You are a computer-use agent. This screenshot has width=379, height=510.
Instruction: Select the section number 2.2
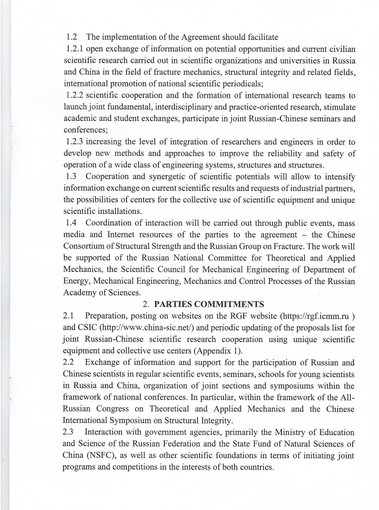point(70,363)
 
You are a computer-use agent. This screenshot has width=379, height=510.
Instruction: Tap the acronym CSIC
point(77,328)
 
